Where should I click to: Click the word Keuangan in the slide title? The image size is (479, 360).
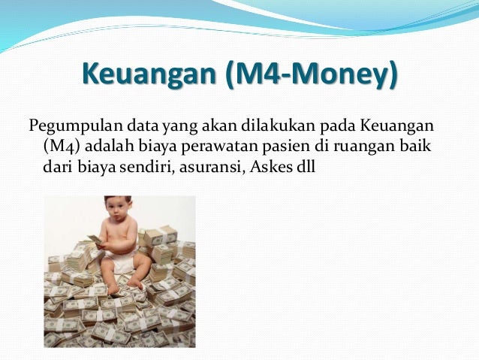click(x=149, y=77)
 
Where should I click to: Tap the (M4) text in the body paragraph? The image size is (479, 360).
click(x=54, y=144)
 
